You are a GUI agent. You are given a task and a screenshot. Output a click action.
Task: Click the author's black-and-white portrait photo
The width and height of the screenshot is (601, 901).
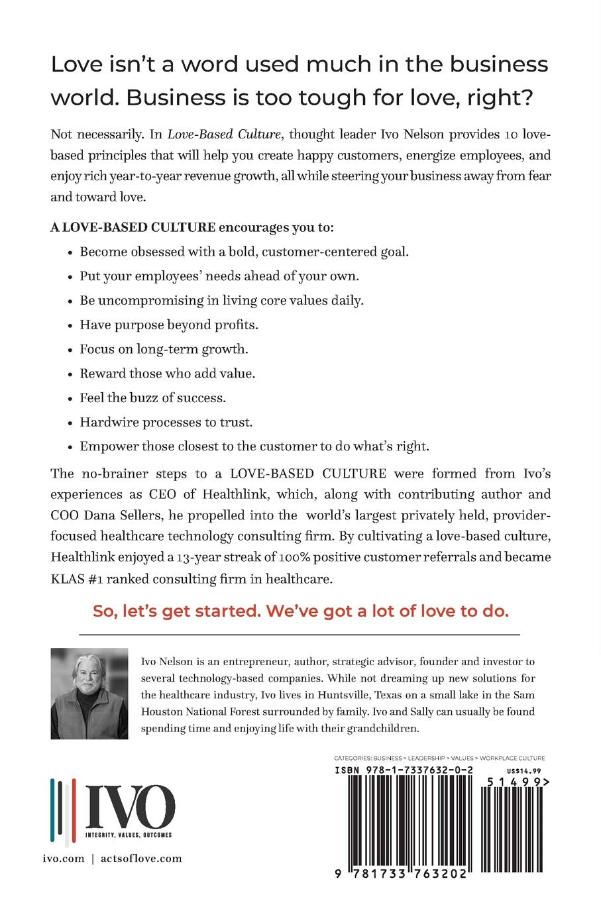(89, 693)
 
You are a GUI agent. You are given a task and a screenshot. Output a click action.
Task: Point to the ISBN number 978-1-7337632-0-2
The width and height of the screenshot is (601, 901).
(404, 770)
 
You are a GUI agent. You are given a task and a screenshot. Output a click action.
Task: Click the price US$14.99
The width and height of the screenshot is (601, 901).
(523, 770)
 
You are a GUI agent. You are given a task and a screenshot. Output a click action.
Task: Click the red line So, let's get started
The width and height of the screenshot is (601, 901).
(300, 610)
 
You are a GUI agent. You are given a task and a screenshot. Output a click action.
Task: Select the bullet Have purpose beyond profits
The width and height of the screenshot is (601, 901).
(169, 325)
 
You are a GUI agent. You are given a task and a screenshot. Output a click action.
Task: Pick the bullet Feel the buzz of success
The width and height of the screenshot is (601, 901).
(153, 397)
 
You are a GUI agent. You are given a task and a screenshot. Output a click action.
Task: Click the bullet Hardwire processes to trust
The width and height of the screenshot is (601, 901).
(166, 422)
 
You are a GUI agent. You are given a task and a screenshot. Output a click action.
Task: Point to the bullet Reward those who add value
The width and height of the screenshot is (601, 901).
(168, 373)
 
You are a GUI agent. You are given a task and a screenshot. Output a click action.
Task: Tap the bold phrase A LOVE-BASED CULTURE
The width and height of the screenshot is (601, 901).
(133, 227)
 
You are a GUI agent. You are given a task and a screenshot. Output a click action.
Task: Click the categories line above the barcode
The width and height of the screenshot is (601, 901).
(439, 758)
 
